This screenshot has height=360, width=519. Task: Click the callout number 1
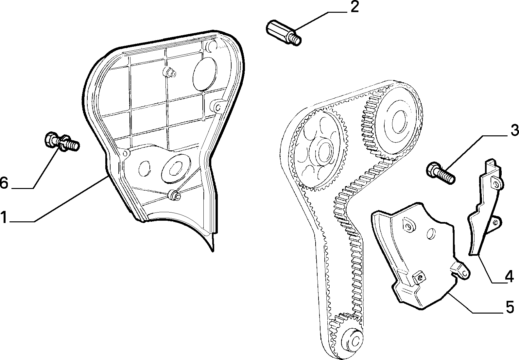tap(4, 217)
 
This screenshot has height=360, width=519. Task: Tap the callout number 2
tap(355, 7)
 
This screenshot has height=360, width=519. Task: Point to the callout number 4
tap(509, 277)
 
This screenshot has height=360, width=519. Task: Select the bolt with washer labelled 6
tap(61, 142)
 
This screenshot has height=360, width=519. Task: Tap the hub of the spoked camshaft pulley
tap(322, 152)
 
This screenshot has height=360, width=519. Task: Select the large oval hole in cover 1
tap(205, 74)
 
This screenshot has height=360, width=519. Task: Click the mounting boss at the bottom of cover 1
tap(175, 195)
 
